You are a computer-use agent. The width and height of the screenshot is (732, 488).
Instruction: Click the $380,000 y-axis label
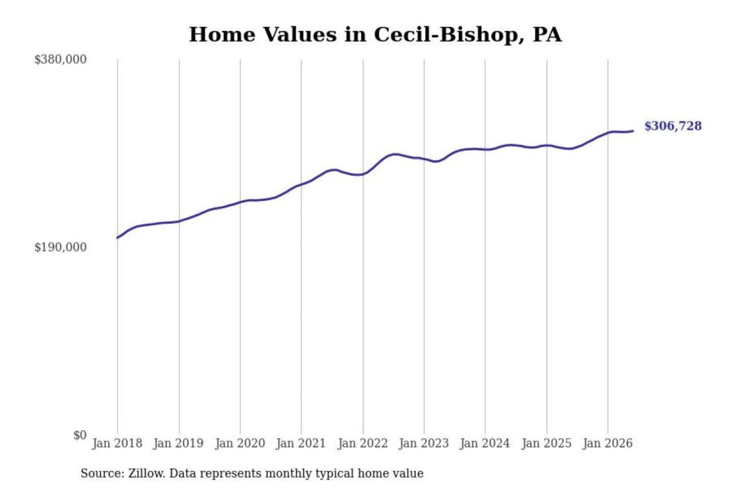[x=60, y=60]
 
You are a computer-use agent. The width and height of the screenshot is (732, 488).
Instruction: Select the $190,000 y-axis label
[x=60, y=248]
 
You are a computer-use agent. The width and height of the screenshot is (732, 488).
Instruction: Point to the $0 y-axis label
[x=80, y=435]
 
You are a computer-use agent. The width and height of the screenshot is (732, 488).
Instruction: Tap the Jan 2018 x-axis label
[x=117, y=444]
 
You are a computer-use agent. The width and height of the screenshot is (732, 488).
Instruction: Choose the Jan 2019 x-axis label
[x=178, y=444]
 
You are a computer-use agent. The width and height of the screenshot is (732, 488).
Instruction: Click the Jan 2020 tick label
[x=240, y=444]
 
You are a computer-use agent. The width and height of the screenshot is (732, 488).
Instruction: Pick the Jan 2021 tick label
[x=301, y=444]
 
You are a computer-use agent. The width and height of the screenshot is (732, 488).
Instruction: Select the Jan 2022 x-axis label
[x=363, y=444]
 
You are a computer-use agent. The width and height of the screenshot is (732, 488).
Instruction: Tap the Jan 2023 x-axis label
[x=424, y=444]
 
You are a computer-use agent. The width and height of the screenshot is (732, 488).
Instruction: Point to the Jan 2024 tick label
[x=485, y=444]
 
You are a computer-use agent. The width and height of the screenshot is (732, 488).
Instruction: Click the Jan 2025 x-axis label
[x=547, y=444]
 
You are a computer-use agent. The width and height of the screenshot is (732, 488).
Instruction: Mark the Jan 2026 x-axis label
[x=608, y=444]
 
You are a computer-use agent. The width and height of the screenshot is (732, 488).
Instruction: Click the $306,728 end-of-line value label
[x=673, y=126]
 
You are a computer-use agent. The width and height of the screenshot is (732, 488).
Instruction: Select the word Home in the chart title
[x=222, y=35]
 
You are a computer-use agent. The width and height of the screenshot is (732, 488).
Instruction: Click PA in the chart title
[x=547, y=35]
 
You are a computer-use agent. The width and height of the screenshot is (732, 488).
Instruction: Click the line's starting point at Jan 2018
[x=117, y=237]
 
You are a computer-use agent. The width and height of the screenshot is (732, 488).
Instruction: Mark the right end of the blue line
[x=633, y=131]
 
